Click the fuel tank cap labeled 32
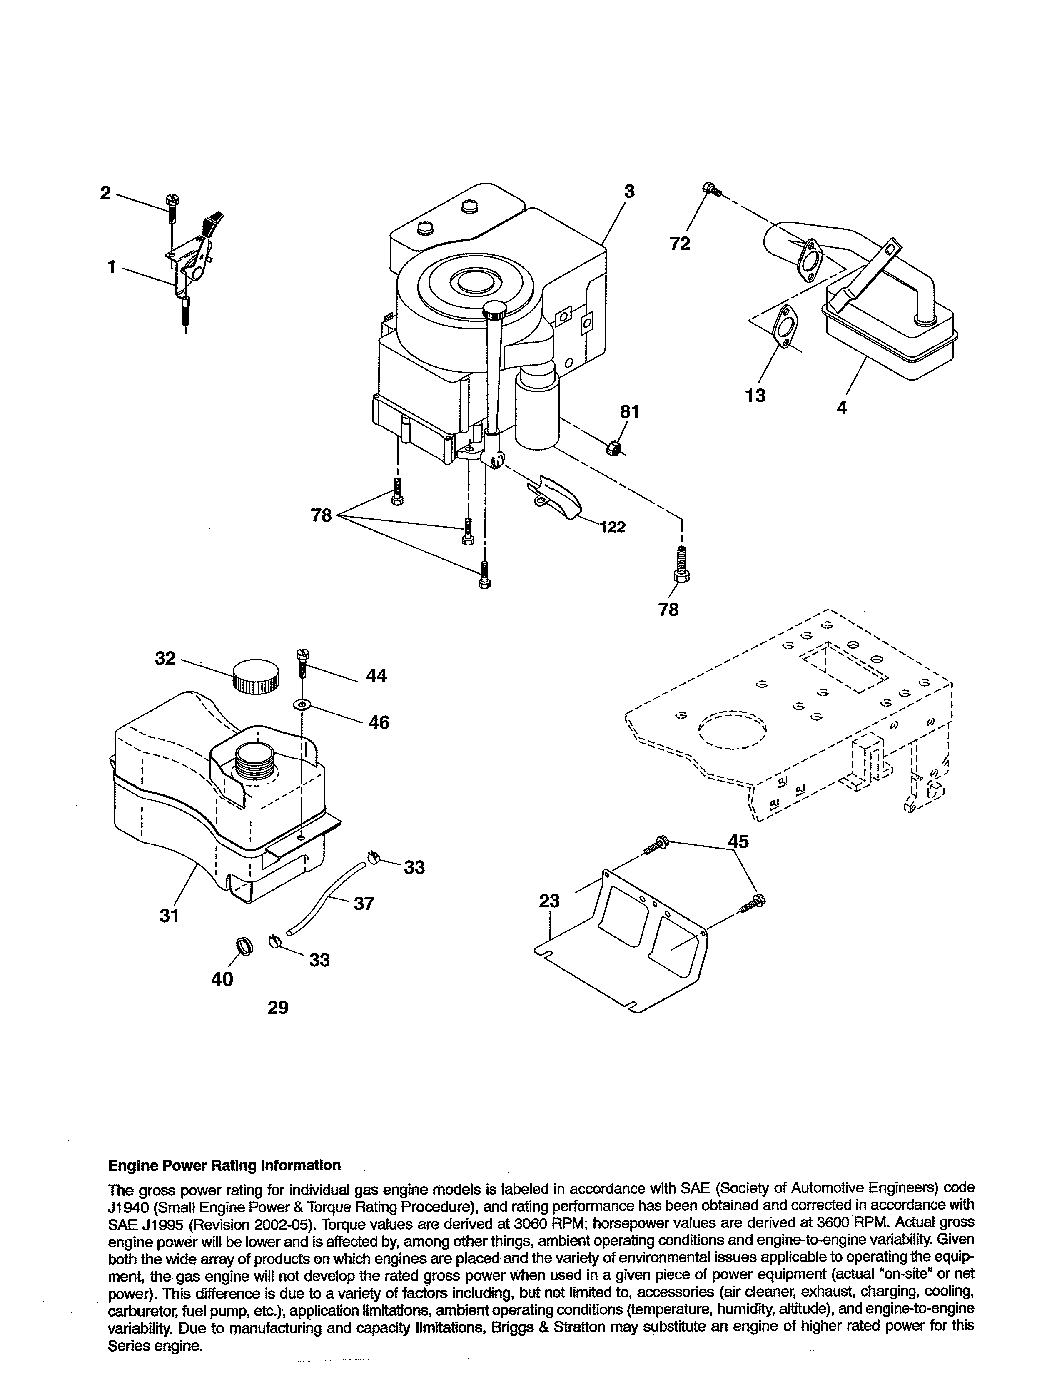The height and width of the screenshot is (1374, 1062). (255, 676)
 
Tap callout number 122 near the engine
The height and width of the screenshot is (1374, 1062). (612, 527)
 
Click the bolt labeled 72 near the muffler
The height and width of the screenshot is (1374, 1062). (712, 189)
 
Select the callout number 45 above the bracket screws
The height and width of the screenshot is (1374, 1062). (739, 841)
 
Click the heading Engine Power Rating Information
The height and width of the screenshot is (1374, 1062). (224, 1165)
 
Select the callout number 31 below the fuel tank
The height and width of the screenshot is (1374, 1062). (169, 916)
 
